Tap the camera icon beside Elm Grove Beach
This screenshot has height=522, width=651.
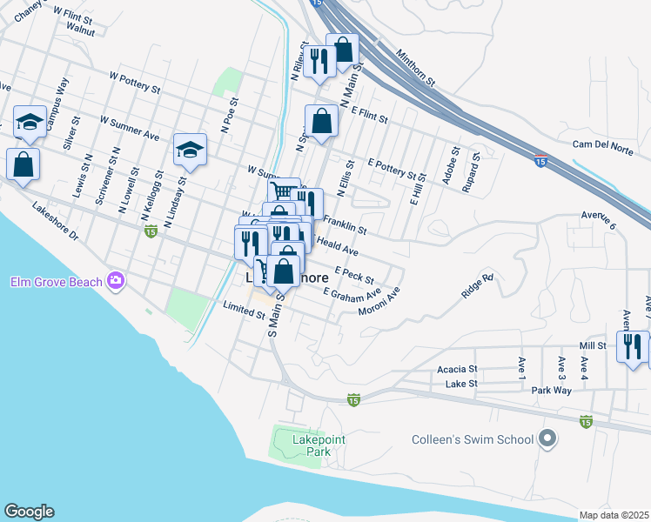115,280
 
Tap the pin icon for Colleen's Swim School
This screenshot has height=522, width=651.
547,438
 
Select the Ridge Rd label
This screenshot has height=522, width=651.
478,287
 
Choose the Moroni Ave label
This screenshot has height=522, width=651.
379,304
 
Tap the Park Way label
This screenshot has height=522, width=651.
551,391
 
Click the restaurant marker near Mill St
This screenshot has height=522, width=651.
632,345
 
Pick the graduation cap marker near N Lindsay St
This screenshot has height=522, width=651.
189,150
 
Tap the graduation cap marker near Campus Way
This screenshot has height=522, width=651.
30,122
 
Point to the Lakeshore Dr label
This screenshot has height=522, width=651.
54,223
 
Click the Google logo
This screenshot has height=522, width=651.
29,512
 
